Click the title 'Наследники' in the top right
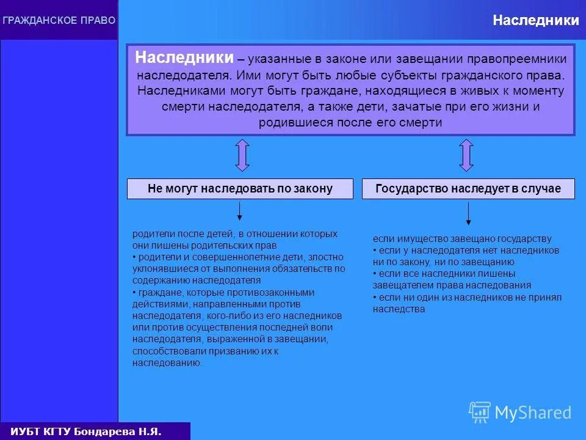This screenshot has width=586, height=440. [536, 21]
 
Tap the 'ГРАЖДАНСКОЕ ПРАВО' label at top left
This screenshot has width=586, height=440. [59, 21]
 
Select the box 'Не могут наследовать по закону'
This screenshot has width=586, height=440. [240, 189]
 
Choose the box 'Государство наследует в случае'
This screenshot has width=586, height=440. [468, 189]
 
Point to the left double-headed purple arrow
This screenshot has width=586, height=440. [242, 155]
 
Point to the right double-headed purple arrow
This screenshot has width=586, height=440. [466, 155]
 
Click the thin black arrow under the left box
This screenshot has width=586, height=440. [240, 211]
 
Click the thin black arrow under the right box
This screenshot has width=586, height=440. [468, 213]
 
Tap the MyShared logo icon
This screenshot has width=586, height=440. [479, 413]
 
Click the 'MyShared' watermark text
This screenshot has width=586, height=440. [533, 413]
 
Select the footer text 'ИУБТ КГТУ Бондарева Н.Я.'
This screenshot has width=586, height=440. [85, 431]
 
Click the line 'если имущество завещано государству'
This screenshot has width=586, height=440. [462, 239]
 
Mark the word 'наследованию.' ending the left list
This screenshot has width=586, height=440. [167, 362]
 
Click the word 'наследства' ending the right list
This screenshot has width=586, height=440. [399, 309]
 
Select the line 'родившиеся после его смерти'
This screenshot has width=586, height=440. [350, 122]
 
